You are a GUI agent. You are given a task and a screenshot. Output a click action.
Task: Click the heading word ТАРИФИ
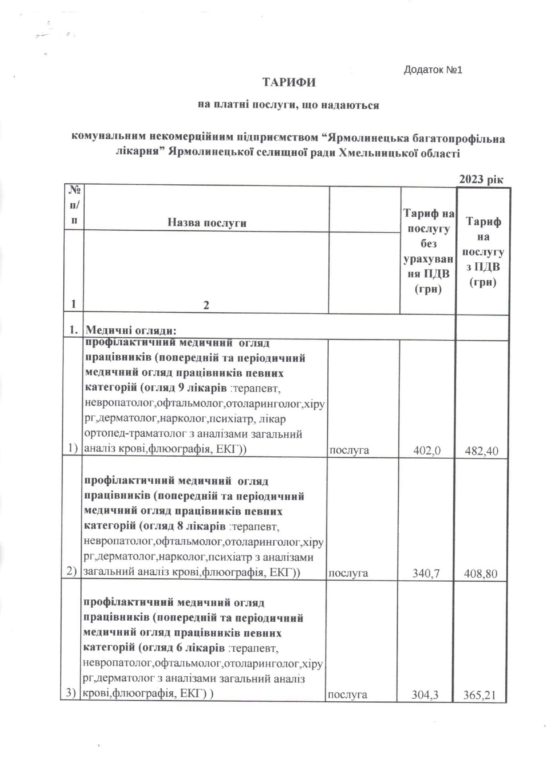coord(289,83)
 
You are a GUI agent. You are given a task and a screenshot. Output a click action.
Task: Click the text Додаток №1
coord(433,70)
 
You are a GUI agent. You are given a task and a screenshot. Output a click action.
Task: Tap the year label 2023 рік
coord(481,180)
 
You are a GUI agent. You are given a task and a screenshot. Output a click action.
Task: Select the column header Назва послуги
coord(206,223)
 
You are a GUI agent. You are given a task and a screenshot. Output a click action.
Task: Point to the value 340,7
coord(427,573)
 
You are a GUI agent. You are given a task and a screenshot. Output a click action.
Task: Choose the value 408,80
coord(481,573)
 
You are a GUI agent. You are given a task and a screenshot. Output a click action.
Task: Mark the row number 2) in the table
coord(72,571)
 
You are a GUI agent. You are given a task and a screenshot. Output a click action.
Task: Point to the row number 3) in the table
coord(72,693)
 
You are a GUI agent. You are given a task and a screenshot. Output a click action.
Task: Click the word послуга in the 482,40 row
coord(349,450)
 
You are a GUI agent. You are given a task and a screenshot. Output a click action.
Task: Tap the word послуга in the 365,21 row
coord(348,694)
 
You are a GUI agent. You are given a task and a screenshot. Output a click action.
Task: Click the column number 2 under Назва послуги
coord(206,306)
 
